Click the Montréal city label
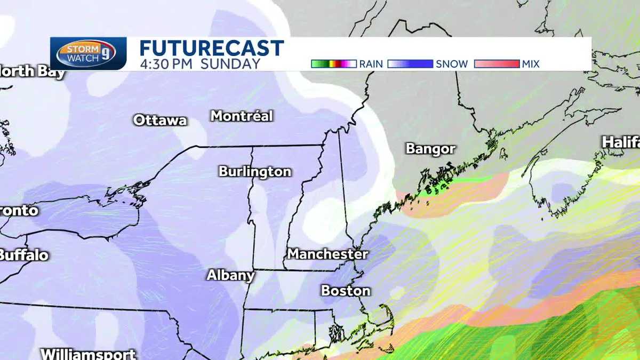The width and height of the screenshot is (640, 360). coord(242,116)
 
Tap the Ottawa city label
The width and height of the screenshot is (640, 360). coord(160,120)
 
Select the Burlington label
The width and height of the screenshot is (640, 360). coord(255,172)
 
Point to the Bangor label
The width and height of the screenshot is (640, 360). coord(430,149)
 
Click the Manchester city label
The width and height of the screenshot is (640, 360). coord(327,254)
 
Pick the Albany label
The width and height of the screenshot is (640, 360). coord(230,276)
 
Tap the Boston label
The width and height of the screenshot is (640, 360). coord(346,291)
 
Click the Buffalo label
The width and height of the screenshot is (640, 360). coord(23,255)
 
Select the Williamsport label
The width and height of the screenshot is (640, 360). coord(89,354)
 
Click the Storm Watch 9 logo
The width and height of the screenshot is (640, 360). coord(88,54)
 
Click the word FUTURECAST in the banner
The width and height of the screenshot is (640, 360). coord(211,49)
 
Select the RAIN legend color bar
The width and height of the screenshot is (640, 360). coord(334,64)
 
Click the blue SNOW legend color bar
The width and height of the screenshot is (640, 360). coord(410,64)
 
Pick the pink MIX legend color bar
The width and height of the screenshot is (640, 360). coord(496,64)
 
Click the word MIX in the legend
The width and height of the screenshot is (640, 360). coord(531,64)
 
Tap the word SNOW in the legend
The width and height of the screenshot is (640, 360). coord(452,64)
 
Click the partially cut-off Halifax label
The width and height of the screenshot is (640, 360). coord(621,142)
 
